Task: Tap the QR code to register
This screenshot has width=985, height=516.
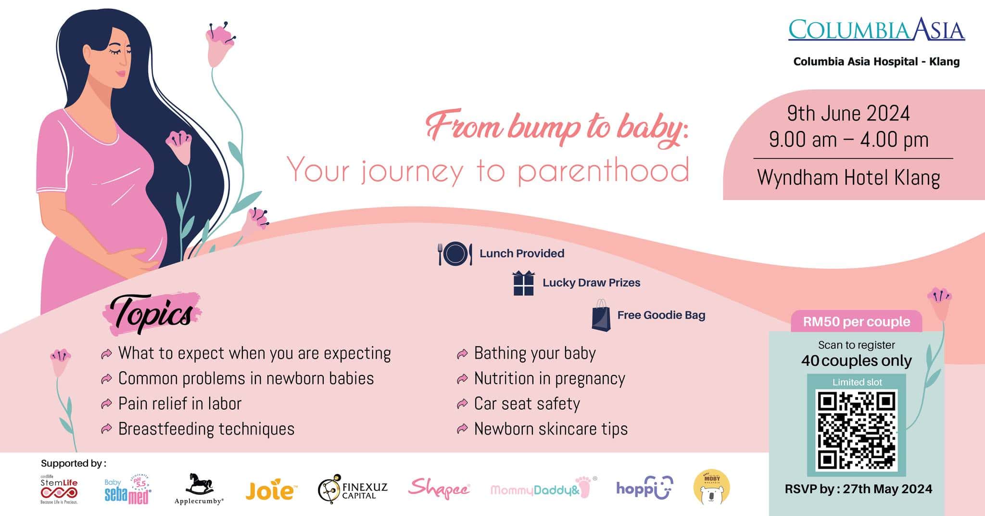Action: (x=857, y=430)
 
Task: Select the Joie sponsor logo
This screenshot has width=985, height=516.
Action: (x=270, y=490)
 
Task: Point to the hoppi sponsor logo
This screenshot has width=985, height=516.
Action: (x=644, y=488)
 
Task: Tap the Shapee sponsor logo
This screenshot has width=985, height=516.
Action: (x=439, y=489)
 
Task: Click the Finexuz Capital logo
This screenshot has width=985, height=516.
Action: (x=353, y=489)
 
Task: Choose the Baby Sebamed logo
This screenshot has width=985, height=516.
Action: (x=128, y=490)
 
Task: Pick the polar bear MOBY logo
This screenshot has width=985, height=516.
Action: (x=711, y=488)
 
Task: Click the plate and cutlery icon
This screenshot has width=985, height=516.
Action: (x=455, y=254)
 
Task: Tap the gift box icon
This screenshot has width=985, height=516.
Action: (x=523, y=283)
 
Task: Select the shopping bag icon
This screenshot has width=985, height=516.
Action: (x=601, y=315)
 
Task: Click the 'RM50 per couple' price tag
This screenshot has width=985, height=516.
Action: (x=857, y=322)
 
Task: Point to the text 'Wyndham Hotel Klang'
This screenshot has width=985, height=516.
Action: (x=848, y=178)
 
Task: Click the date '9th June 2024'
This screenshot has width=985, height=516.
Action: (x=848, y=114)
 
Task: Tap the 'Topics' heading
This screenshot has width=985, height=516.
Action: (x=152, y=314)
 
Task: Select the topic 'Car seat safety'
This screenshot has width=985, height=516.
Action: (x=527, y=403)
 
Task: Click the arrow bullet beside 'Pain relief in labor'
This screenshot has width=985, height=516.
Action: (x=106, y=404)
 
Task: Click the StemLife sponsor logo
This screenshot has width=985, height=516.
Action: (x=59, y=489)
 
